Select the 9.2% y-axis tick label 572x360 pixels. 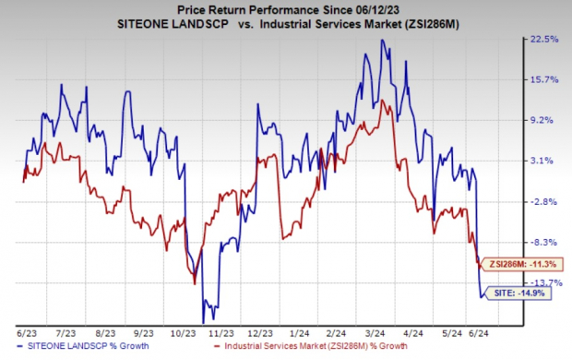tap(546, 120)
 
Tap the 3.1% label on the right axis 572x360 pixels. tap(546, 161)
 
